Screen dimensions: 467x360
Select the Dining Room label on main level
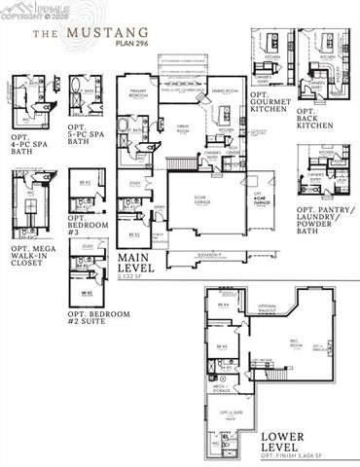(216, 93)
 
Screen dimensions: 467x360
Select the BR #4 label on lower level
(223, 305)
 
